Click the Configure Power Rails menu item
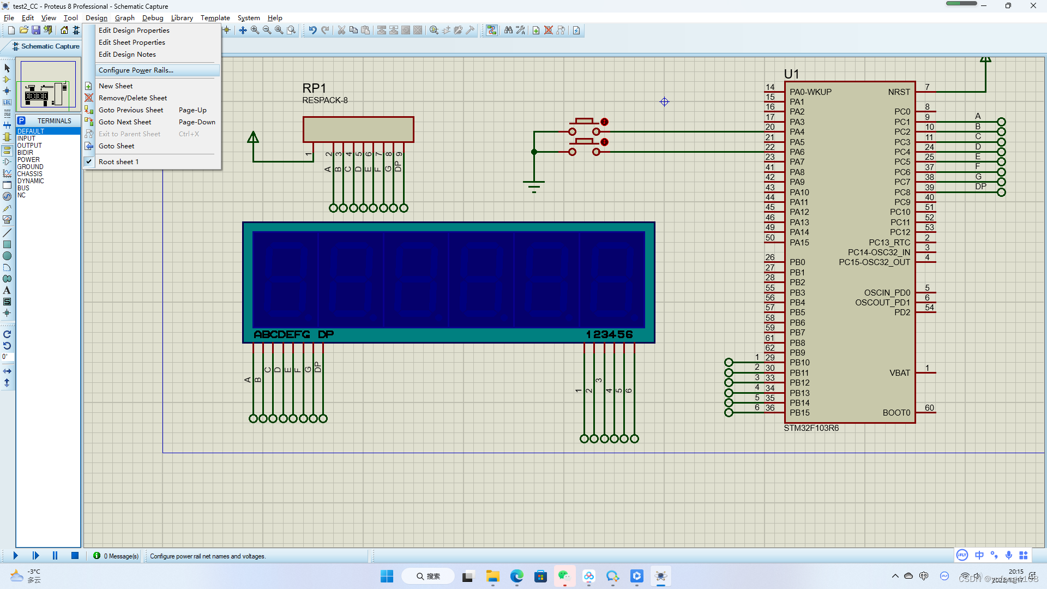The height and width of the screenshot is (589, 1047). click(136, 70)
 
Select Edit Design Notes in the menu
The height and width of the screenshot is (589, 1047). click(127, 55)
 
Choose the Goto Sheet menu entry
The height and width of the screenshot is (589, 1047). click(116, 146)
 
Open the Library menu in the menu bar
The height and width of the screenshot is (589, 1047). click(182, 18)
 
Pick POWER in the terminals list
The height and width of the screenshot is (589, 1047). click(28, 160)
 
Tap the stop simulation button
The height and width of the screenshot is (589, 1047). click(75, 556)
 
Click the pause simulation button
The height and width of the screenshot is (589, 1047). click(55, 556)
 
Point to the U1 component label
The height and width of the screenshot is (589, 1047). click(791, 74)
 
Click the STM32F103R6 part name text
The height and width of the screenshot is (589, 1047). click(811, 428)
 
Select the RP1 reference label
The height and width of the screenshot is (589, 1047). click(314, 88)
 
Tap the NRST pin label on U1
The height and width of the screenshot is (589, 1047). click(899, 92)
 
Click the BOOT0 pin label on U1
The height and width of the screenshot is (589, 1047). click(896, 413)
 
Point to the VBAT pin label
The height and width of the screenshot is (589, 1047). click(899, 373)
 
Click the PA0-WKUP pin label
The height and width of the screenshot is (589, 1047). click(810, 92)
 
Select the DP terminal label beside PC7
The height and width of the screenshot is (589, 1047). click(980, 187)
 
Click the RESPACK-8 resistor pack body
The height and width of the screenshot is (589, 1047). click(358, 129)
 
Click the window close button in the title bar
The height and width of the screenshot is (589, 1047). click(1033, 6)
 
